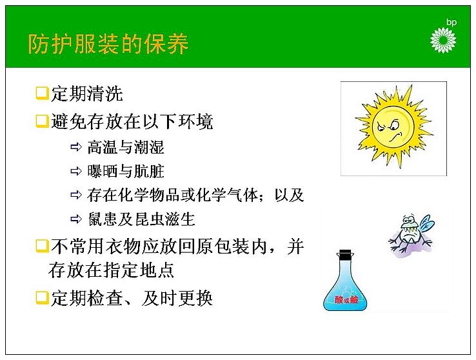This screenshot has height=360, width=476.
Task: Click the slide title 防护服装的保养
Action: [x=108, y=45]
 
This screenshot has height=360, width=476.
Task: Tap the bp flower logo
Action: [x=443, y=40]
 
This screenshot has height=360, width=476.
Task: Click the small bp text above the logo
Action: [x=451, y=22]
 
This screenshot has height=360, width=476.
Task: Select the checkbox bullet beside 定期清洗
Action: [x=42, y=93]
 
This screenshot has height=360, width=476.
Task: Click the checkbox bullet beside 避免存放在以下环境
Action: [x=42, y=121]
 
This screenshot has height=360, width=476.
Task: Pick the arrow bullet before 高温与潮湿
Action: [x=76, y=147]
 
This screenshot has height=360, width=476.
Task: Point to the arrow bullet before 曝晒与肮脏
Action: [x=76, y=171]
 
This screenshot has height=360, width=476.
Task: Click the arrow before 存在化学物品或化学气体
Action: [x=76, y=195]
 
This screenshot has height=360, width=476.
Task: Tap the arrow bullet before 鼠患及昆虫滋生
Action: [x=76, y=219]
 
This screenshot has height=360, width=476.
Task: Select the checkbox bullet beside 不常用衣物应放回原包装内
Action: [x=42, y=246]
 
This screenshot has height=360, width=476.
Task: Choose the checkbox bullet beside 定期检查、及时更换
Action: [x=42, y=298]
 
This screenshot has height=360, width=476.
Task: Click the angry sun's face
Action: [x=393, y=128]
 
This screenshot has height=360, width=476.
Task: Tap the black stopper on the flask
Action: [x=345, y=255]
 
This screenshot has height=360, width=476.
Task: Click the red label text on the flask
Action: [x=346, y=300]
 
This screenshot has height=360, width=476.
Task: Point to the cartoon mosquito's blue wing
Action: [x=426, y=224]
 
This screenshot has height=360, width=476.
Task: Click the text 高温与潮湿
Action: [x=126, y=147]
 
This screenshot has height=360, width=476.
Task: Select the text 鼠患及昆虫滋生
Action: [x=141, y=219]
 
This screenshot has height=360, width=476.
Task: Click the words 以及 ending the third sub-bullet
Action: [x=289, y=195]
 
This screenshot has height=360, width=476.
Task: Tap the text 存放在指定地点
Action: [x=111, y=270]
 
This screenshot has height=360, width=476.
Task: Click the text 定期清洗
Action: [x=87, y=94]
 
